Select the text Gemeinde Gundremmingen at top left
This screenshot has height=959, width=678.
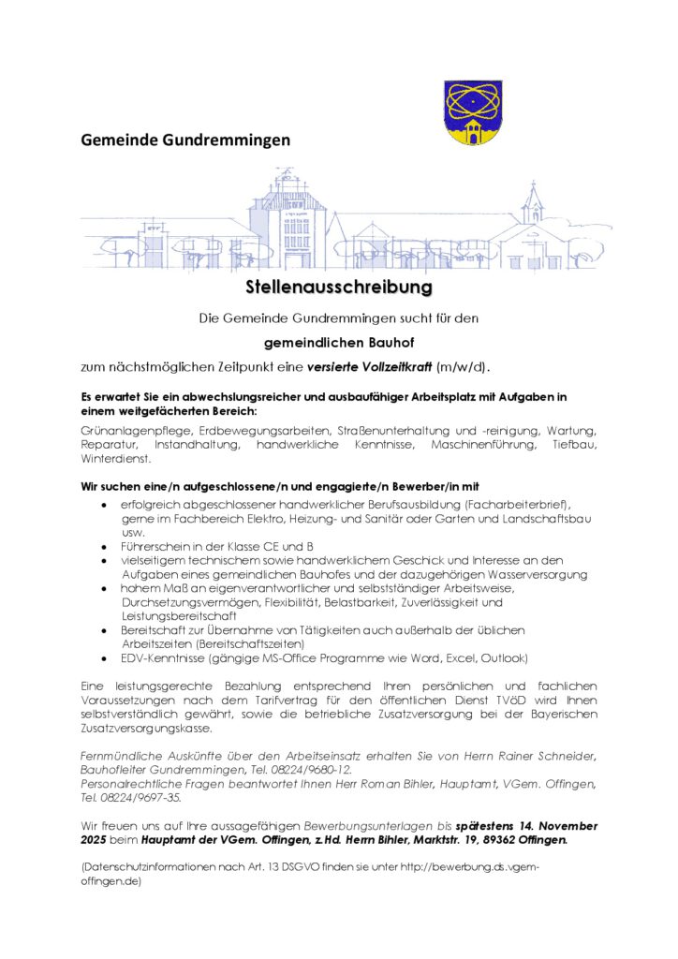coord(185,140)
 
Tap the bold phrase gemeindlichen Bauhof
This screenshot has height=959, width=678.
coord(338,343)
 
